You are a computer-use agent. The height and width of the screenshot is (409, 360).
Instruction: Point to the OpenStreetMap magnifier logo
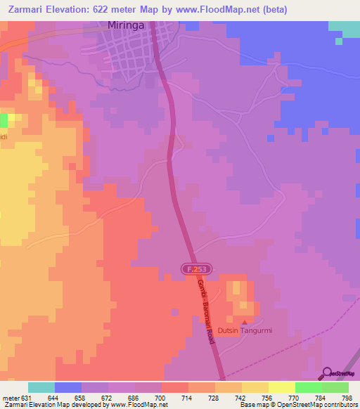pos(326,373)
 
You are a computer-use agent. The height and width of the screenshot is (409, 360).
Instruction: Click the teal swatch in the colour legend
pos(41,387)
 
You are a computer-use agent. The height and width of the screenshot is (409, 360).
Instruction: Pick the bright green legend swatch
pos(308,387)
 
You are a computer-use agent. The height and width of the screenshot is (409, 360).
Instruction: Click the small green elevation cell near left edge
pos(4,119)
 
